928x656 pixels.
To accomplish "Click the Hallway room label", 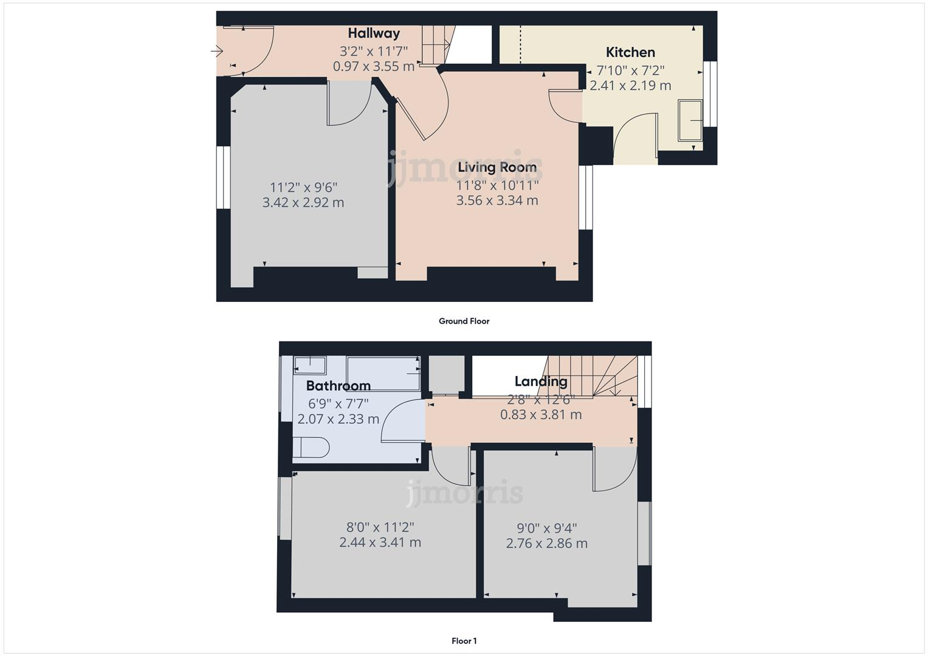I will tap(373, 33).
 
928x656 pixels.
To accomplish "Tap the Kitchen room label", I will tap(630, 52).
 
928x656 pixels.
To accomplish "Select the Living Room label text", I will tap(497, 167).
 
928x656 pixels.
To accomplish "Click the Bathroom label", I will tap(338, 386).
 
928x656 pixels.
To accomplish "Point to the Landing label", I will tap(540, 381).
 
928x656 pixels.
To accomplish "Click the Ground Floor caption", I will tap(464, 321).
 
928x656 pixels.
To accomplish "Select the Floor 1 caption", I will tap(464, 641).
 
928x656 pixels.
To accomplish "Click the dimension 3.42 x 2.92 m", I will tap(303, 203).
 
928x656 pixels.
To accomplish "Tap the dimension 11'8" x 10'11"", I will tap(497, 185).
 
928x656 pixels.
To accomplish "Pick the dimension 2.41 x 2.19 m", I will tap(630, 86).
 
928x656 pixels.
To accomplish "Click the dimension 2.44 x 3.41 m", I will tap(380, 542).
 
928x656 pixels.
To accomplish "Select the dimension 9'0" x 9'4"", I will tap(546, 528).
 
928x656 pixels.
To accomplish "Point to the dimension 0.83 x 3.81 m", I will tap(540, 415).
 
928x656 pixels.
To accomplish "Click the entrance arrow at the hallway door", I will tap(217, 52).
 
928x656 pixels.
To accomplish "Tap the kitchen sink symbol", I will tap(690, 120).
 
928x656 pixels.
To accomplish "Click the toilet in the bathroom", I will tap(311, 447).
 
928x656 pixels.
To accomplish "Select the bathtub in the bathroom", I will tap(383, 373).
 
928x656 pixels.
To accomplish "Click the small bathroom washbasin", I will tap(310, 365).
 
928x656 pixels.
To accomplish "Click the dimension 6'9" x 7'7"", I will tap(338, 403).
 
